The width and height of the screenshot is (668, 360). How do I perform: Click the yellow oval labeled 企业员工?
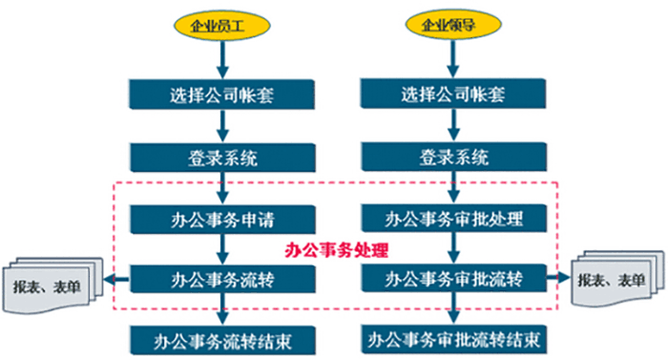[221, 25]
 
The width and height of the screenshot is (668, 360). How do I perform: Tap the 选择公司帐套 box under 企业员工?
[220, 94]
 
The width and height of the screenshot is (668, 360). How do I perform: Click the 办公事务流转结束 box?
[220, 338]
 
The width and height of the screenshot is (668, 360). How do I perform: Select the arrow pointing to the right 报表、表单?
[556, 279]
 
